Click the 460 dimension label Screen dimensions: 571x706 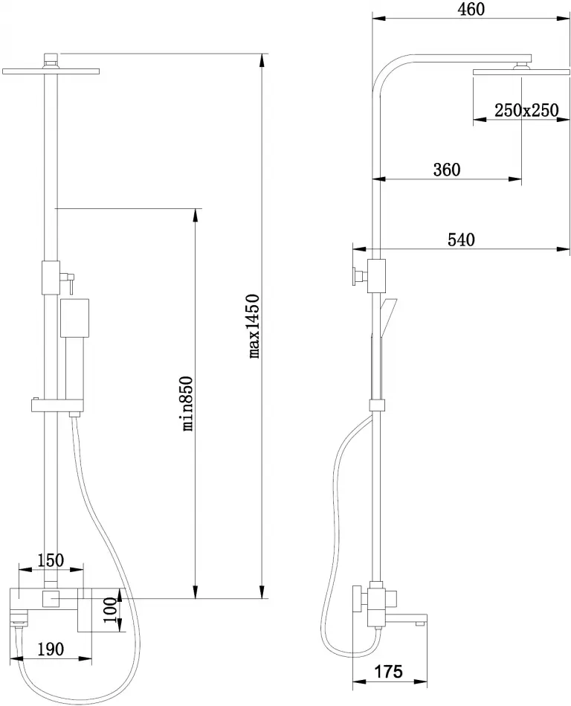click(x=471, y=10)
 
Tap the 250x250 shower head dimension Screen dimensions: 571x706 click(x=526, y=110)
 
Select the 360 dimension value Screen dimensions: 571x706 click(x=447, y=170)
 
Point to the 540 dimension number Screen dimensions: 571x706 click(x=461, y=240)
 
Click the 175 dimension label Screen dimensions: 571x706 click(x=389, y=672)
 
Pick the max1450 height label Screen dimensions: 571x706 click(x=255, y=326)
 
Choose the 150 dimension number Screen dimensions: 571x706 click(x=51, y=561)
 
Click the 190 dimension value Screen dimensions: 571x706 click(x=51, y=649)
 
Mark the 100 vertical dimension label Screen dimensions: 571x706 click(x=111, y=610)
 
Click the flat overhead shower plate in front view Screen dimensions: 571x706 click(x=51, y=71)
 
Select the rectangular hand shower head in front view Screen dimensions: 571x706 click(x=74, y=318)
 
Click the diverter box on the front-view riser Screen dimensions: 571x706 click(x=51, y=277)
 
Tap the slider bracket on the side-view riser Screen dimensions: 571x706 click(x=377, y=405)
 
